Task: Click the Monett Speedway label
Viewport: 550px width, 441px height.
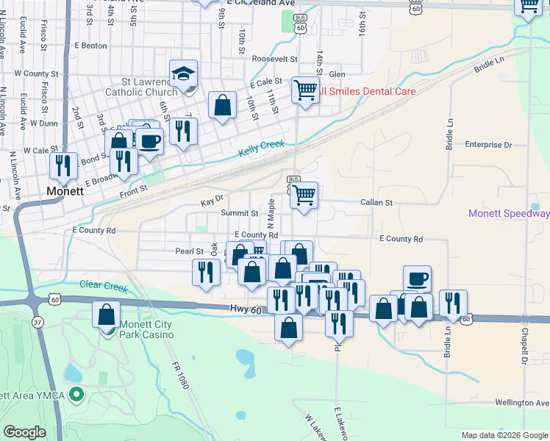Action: click(x=510, y=214)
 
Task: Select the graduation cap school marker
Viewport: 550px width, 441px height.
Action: click(x=183, y=73)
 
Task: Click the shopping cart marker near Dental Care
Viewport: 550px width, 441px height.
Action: click(x=305, y=90)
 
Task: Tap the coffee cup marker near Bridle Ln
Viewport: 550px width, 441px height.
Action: click(x=417, y=279)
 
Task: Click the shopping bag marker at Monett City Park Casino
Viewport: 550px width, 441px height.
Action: click(x=106, y=315)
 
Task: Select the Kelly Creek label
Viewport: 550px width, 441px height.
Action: click(x=261, y=149)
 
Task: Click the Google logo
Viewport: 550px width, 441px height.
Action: click(x=24, y=432)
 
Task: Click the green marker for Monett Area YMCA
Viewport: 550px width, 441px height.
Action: click(x=75, y=395)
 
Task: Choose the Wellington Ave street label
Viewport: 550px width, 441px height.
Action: click(x=522, y=403)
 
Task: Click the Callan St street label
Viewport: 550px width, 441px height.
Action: click(x=376, y=202)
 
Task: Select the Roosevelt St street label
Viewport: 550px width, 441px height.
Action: click(x=274, y=59)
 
